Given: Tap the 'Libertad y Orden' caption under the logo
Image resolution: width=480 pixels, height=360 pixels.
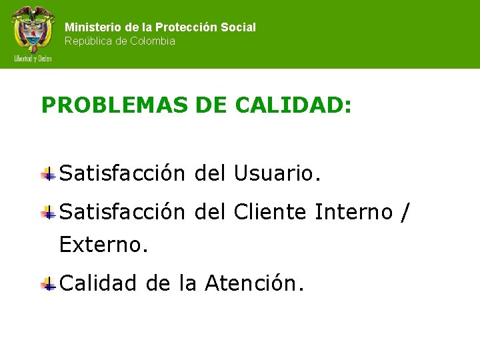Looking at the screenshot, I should click(x=33, y=59).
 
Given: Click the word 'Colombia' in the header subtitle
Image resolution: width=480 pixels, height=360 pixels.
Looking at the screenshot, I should click(x=153, y=41).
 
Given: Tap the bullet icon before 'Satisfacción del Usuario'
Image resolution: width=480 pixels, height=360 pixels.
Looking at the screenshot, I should click(x=48, y=175).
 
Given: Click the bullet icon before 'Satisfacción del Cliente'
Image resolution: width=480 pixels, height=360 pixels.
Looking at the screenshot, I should click(x=48, y=213).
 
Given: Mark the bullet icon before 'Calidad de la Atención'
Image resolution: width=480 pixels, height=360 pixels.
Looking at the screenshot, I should click(x=48, y=285).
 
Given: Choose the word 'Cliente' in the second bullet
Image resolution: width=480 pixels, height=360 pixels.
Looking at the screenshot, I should click(x=271, y=212).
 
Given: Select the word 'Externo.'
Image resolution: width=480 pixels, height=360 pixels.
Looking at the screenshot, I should click(x=103, y=245).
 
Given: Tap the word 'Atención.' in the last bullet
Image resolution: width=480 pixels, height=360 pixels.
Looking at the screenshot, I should click(x=255, y=283).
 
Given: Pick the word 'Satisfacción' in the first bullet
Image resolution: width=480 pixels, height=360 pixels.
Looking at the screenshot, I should click(x=122, y=173).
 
